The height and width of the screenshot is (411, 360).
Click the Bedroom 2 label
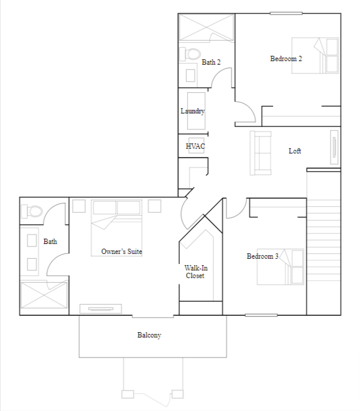click(286, 58)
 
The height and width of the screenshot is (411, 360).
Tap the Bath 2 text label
click(211, 62)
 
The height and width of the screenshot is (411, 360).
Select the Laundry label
click(192, 111)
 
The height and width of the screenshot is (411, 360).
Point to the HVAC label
click(195, 146)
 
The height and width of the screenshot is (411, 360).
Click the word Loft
click(295, 151)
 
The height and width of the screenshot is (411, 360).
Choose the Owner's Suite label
click(122, 252)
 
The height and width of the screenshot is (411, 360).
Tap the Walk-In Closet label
click(196, 272)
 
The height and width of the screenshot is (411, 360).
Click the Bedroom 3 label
click(262, 256)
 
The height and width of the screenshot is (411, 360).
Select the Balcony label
click(149, 335)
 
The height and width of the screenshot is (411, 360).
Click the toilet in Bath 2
click(191, 55)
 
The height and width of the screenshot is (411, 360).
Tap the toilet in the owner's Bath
click(34, 211)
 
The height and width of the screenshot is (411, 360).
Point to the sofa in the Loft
click(260, 153)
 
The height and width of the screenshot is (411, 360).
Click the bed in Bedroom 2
click(316, 55)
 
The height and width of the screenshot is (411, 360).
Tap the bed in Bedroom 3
click(281, 267)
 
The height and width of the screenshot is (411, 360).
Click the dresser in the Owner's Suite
click(101, 309)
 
